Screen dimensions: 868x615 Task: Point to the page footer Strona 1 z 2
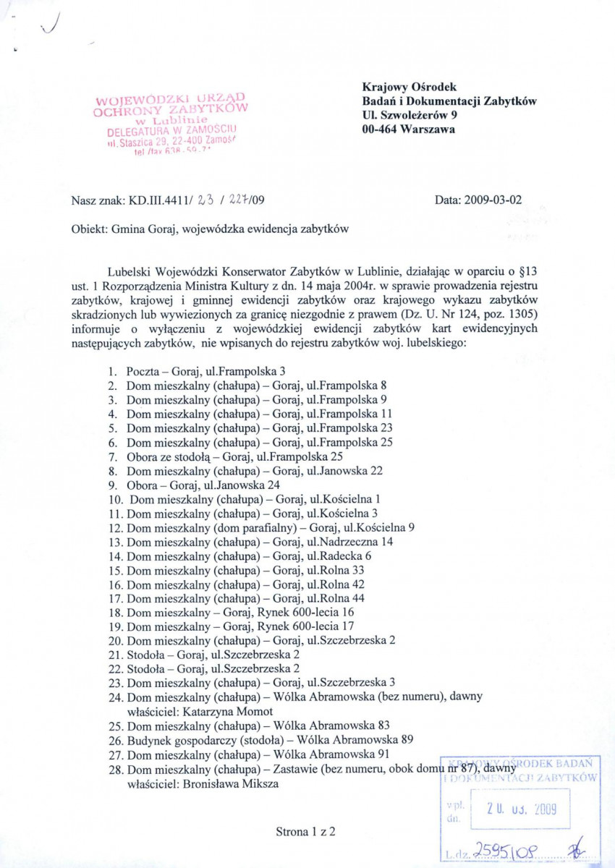pos(305,831)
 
